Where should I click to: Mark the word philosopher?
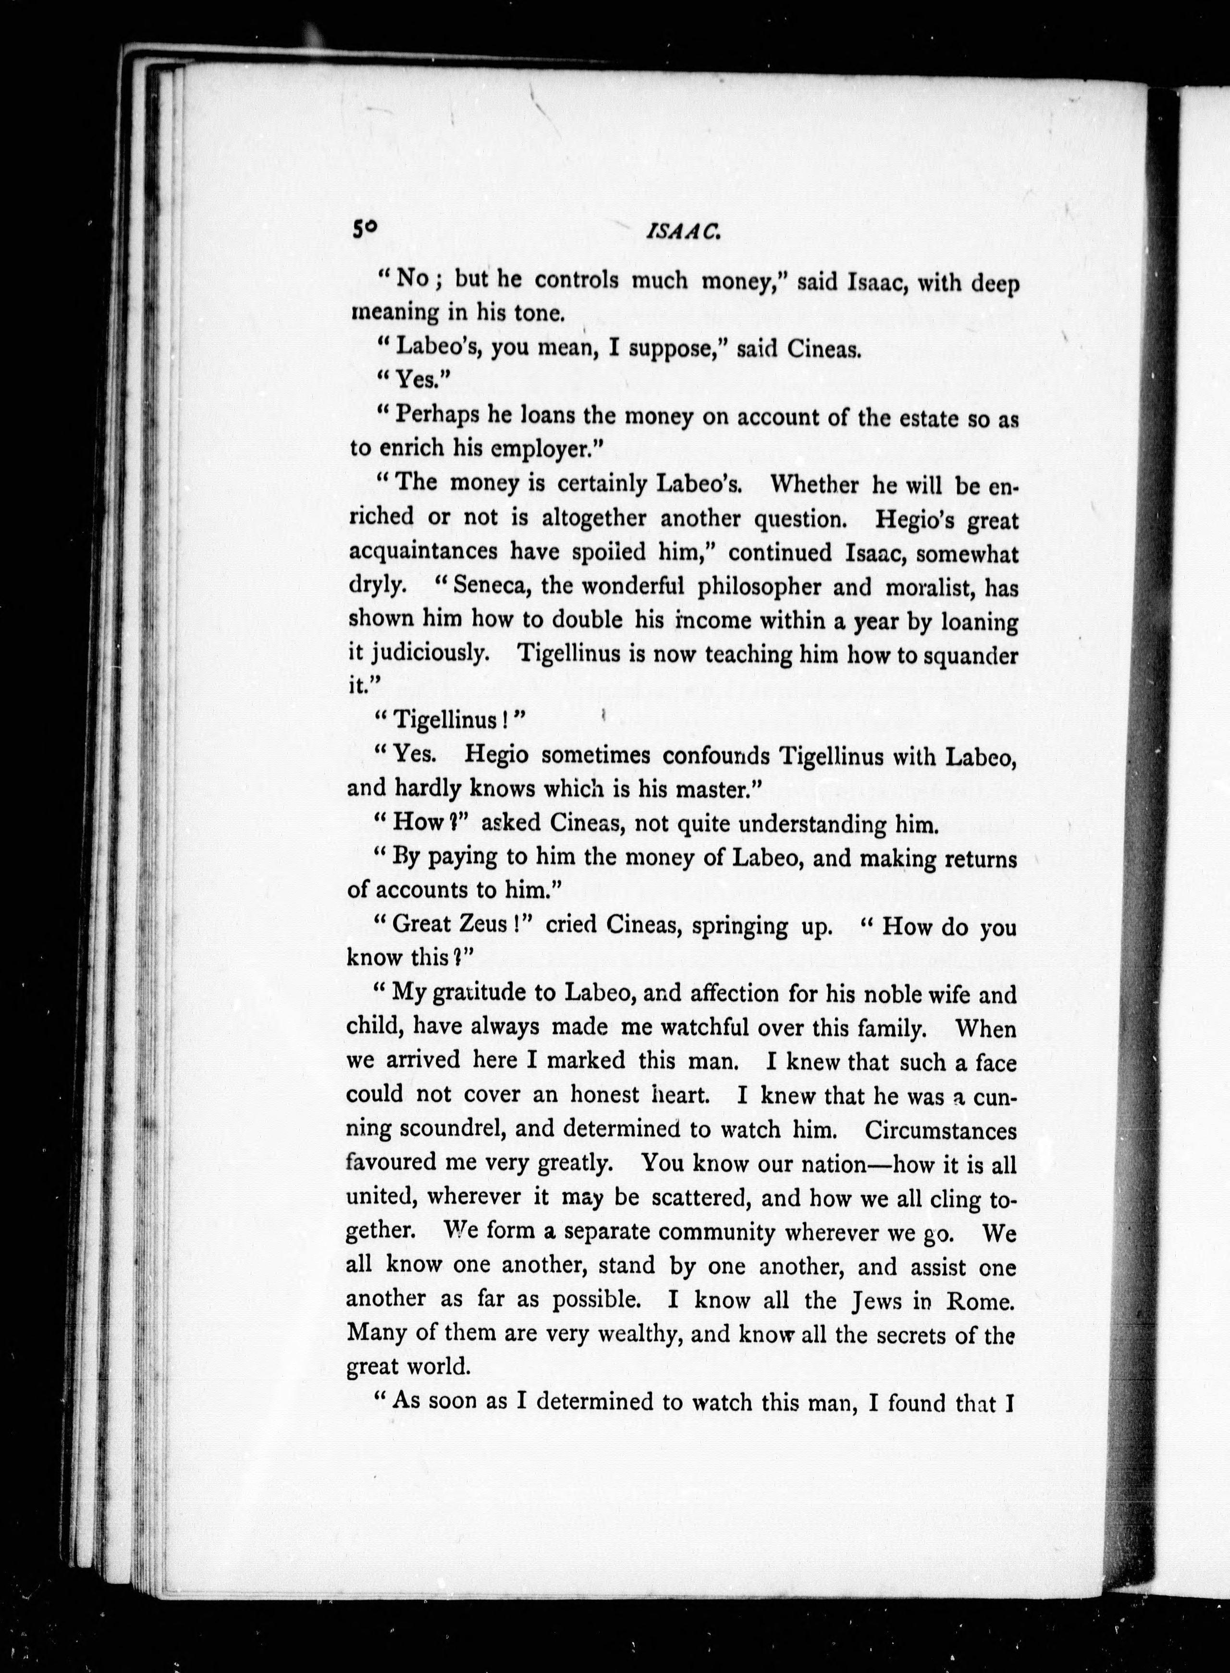tap(759, 587)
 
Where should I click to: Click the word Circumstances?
tap(940, 1129)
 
